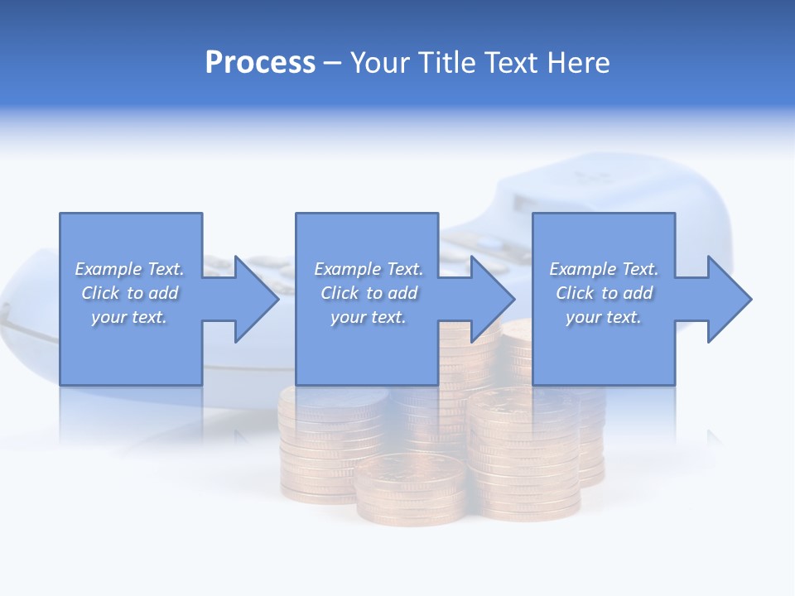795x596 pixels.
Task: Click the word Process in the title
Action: [260, 63]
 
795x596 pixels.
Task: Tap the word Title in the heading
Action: [448, 63]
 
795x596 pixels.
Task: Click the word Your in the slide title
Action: [382, 63]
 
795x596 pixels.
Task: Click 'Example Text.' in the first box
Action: [129, 269]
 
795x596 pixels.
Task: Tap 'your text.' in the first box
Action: [129, 317]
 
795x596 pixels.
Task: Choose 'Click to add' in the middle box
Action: [369, 293]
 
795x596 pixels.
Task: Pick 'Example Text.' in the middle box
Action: [369, 269]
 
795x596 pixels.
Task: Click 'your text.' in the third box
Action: [604, 317]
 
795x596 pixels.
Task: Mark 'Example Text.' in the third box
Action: [604, 269]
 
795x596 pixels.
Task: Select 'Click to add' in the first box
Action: [129, 293]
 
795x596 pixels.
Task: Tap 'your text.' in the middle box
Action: [369, 317]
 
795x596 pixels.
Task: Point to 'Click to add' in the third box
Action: [604, 293]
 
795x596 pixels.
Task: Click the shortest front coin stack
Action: [412, 488]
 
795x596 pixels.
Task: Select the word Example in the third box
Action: [583, 269]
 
